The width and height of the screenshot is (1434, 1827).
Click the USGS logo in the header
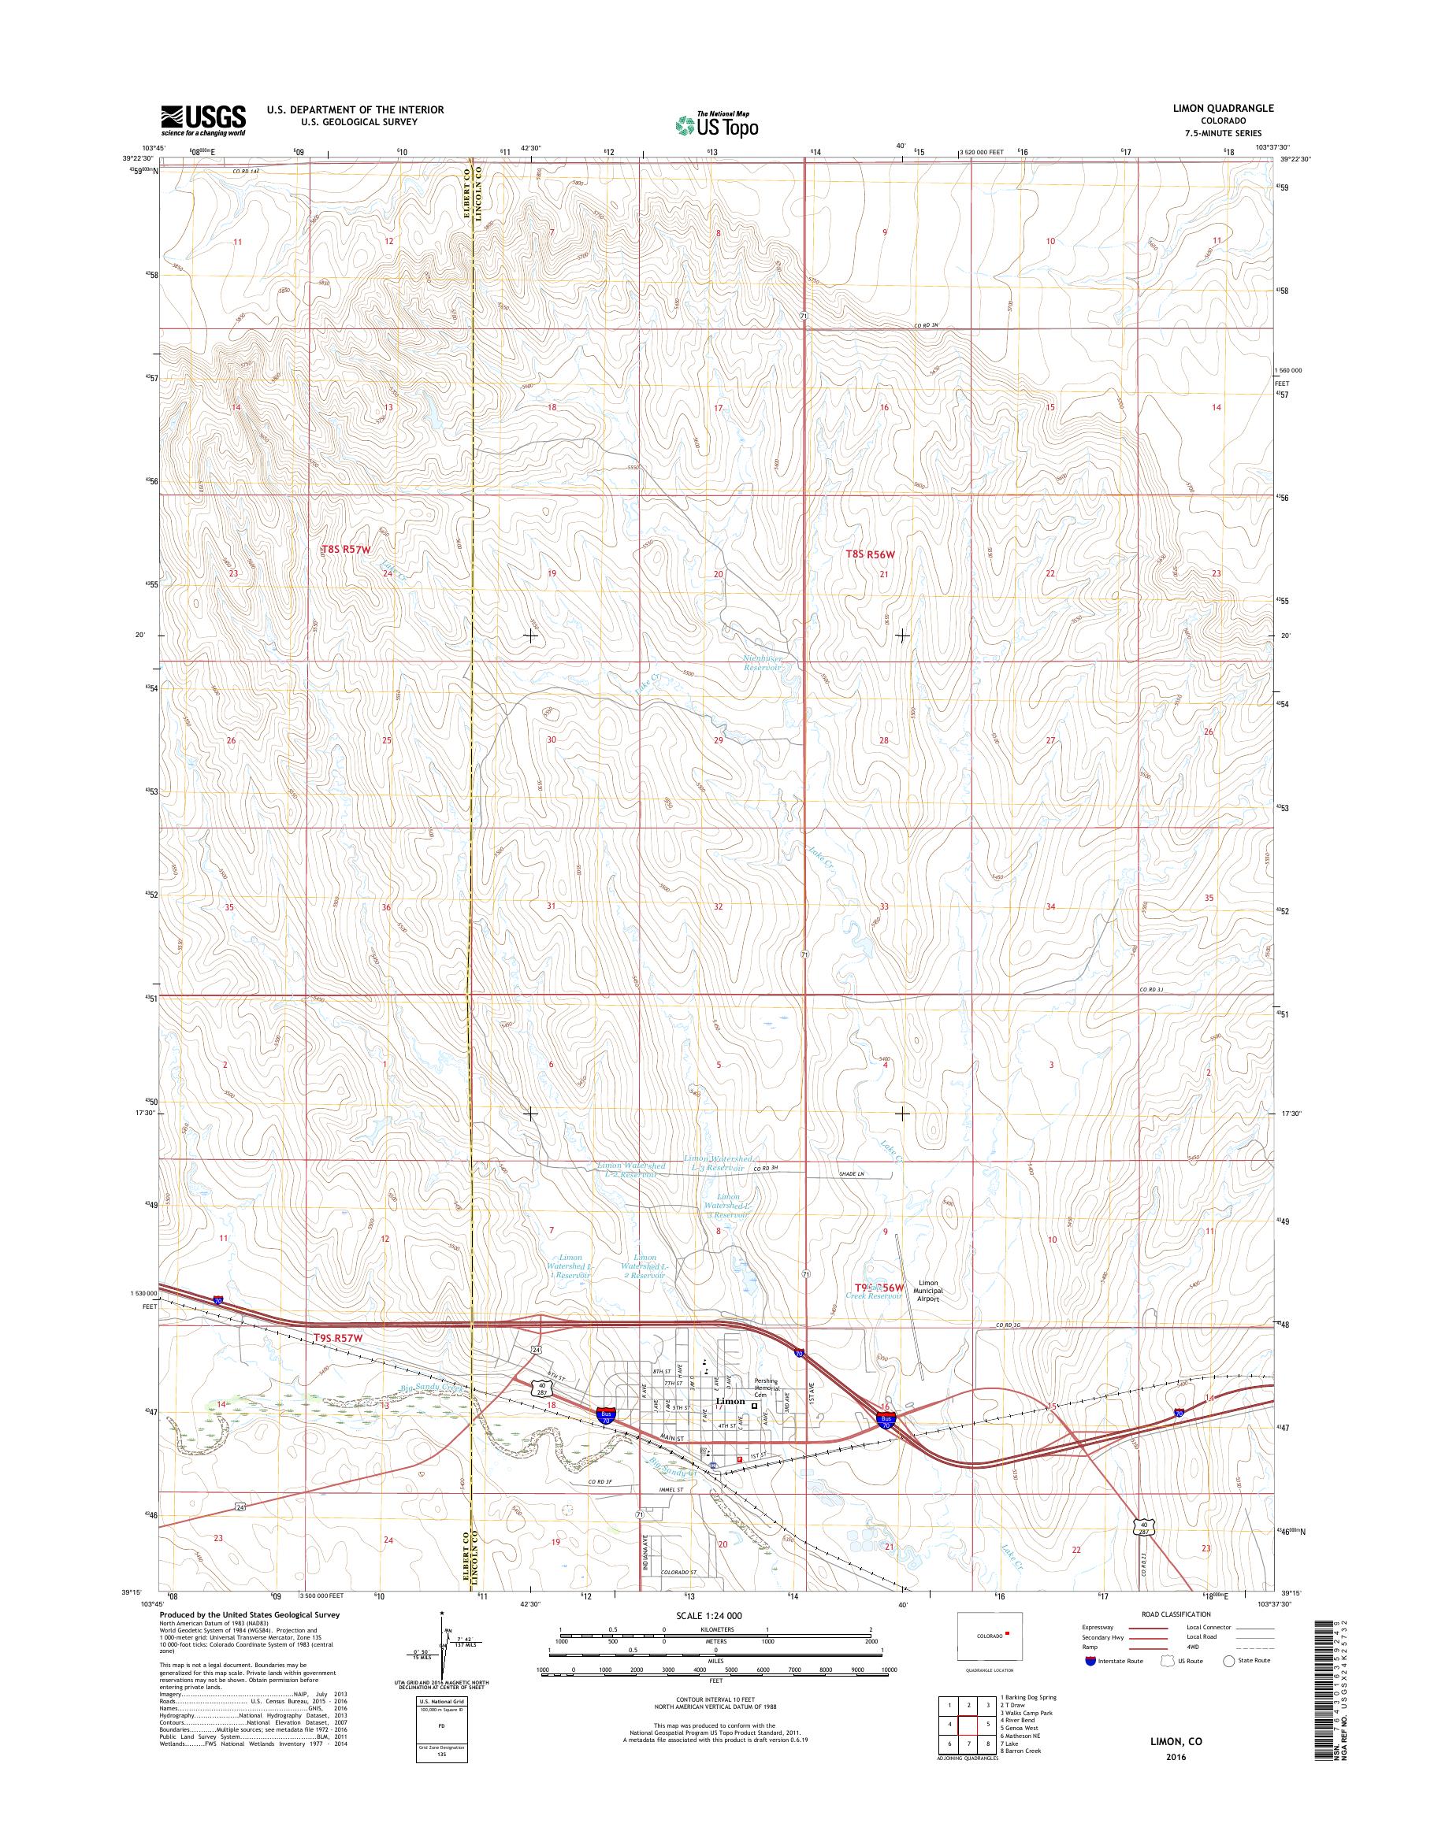[203, 120]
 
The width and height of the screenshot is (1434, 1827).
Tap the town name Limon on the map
[729, 1403]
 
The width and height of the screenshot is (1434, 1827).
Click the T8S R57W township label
[346, 550]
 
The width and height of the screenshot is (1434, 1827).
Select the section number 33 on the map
[883, 906]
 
